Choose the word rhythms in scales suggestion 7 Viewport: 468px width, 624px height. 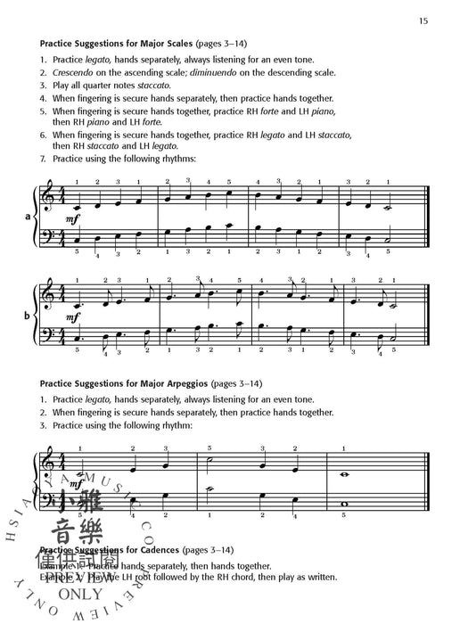[x=169, y=159]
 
